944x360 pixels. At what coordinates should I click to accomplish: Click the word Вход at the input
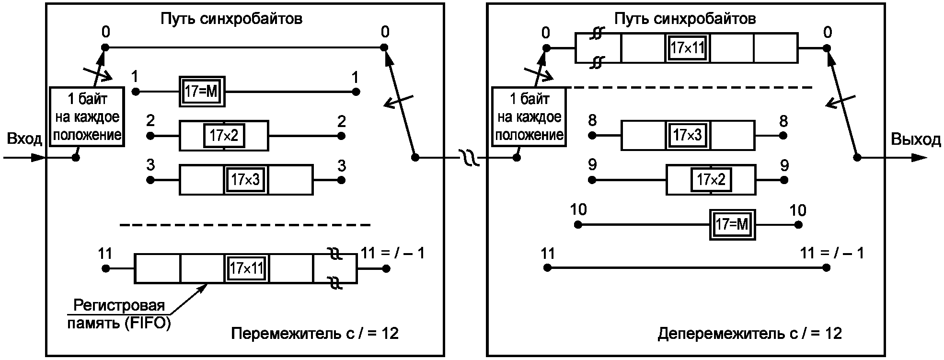coord(24,139)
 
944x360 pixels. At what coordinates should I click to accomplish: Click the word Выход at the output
coord(916,139)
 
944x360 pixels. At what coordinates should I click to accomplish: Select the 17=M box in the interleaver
coord(202,91)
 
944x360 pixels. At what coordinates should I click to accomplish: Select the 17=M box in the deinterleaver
coord(732,224)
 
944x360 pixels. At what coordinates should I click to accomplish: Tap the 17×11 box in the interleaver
coord(246,268)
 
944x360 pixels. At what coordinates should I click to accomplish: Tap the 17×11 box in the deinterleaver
coord(687,48)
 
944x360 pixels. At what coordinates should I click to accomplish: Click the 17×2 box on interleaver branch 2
coord(224,136)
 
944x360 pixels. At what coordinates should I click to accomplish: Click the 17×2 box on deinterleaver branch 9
coord(711,180)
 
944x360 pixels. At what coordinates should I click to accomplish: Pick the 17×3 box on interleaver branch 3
coord(246,180)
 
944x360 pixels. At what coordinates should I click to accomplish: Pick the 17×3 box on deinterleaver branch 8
coord(688,136)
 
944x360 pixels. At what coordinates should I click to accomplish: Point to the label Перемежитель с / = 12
coord(315,334)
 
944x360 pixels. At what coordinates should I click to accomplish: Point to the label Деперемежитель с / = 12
coord(749,334)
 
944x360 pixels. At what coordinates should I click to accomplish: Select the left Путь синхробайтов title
coord(231,19)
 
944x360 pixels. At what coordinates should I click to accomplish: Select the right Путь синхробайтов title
coord(685,19)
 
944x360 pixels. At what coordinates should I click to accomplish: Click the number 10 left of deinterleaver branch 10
coord(578,210)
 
